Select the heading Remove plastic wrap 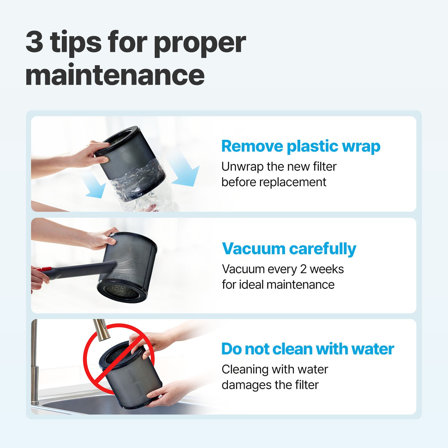click(x=301, y=146)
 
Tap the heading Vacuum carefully click(x=289, y=249)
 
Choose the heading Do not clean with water click(x=308, y=349)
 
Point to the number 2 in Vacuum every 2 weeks click(x=303, y=269)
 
